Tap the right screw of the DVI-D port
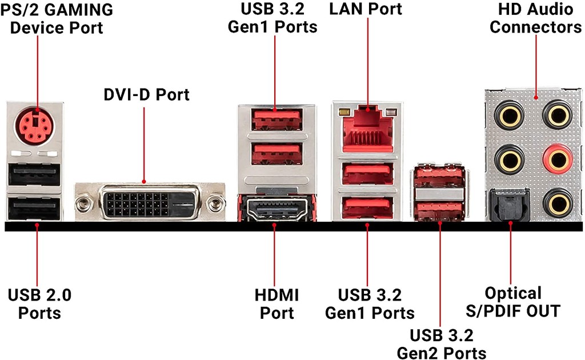[215, 202]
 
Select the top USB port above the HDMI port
[277, 118]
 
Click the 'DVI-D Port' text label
[146, 94]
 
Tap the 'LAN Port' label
[366, 9]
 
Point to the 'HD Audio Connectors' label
[535, 18]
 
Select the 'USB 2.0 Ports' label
[39, 304]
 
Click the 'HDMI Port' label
[277, 304]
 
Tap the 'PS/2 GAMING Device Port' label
[57, 18]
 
